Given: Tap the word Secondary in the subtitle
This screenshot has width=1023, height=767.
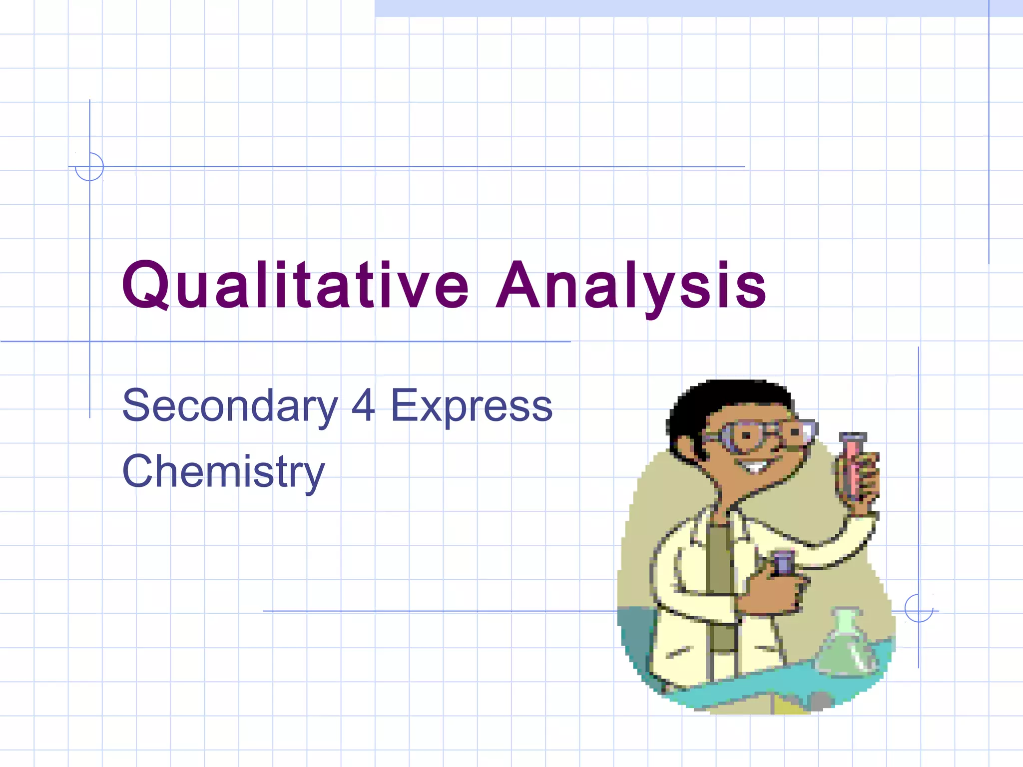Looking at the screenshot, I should [230, 405].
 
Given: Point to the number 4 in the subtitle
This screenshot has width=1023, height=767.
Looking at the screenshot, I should [363, 405].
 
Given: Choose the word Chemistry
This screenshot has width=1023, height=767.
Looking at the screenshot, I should [223, 471].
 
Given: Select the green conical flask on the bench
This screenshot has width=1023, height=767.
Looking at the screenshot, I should [846, 644].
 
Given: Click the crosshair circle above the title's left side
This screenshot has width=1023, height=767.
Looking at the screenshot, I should [89, 167].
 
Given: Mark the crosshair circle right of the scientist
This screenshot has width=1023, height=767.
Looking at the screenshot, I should [919, 609].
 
